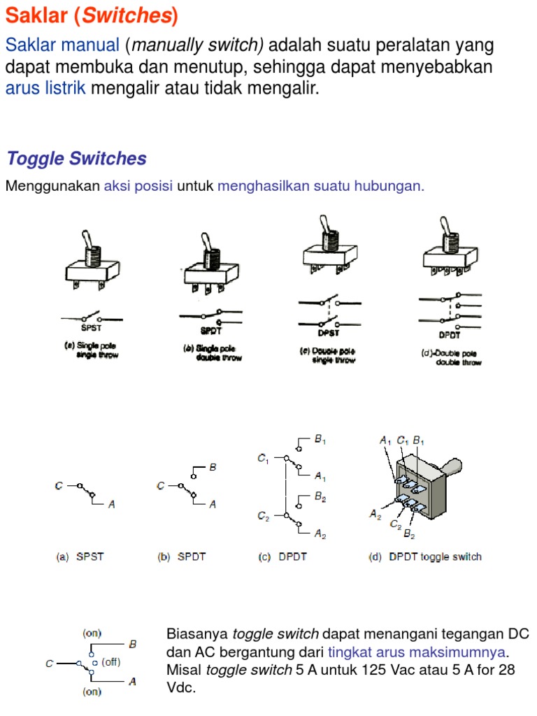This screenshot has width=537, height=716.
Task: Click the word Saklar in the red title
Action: coord(36,15)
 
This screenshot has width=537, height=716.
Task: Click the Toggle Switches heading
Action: coord(77,159)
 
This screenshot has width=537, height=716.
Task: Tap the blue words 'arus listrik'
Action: coord(45,87)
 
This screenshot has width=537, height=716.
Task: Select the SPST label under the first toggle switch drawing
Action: coord(92,328)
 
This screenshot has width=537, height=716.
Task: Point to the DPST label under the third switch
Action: coord(329,333)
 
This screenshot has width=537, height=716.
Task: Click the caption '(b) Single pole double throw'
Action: coord(213,353)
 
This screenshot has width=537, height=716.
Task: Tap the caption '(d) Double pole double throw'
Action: coord(451,357)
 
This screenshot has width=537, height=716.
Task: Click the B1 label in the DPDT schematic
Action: coord(320,440)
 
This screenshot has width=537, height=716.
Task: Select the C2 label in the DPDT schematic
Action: coord(264,516)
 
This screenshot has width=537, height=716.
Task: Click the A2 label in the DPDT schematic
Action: coord(320,534)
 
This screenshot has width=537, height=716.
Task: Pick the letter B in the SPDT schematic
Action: coord(213,467)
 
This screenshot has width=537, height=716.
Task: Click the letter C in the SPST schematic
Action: coord(59,486)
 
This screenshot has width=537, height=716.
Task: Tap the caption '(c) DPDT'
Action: coord(282,557)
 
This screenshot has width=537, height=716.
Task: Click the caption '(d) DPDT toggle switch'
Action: coord(424,557)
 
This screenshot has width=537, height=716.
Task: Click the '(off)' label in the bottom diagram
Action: coord(111,662)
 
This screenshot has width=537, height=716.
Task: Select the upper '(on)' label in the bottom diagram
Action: coord(92,633)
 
